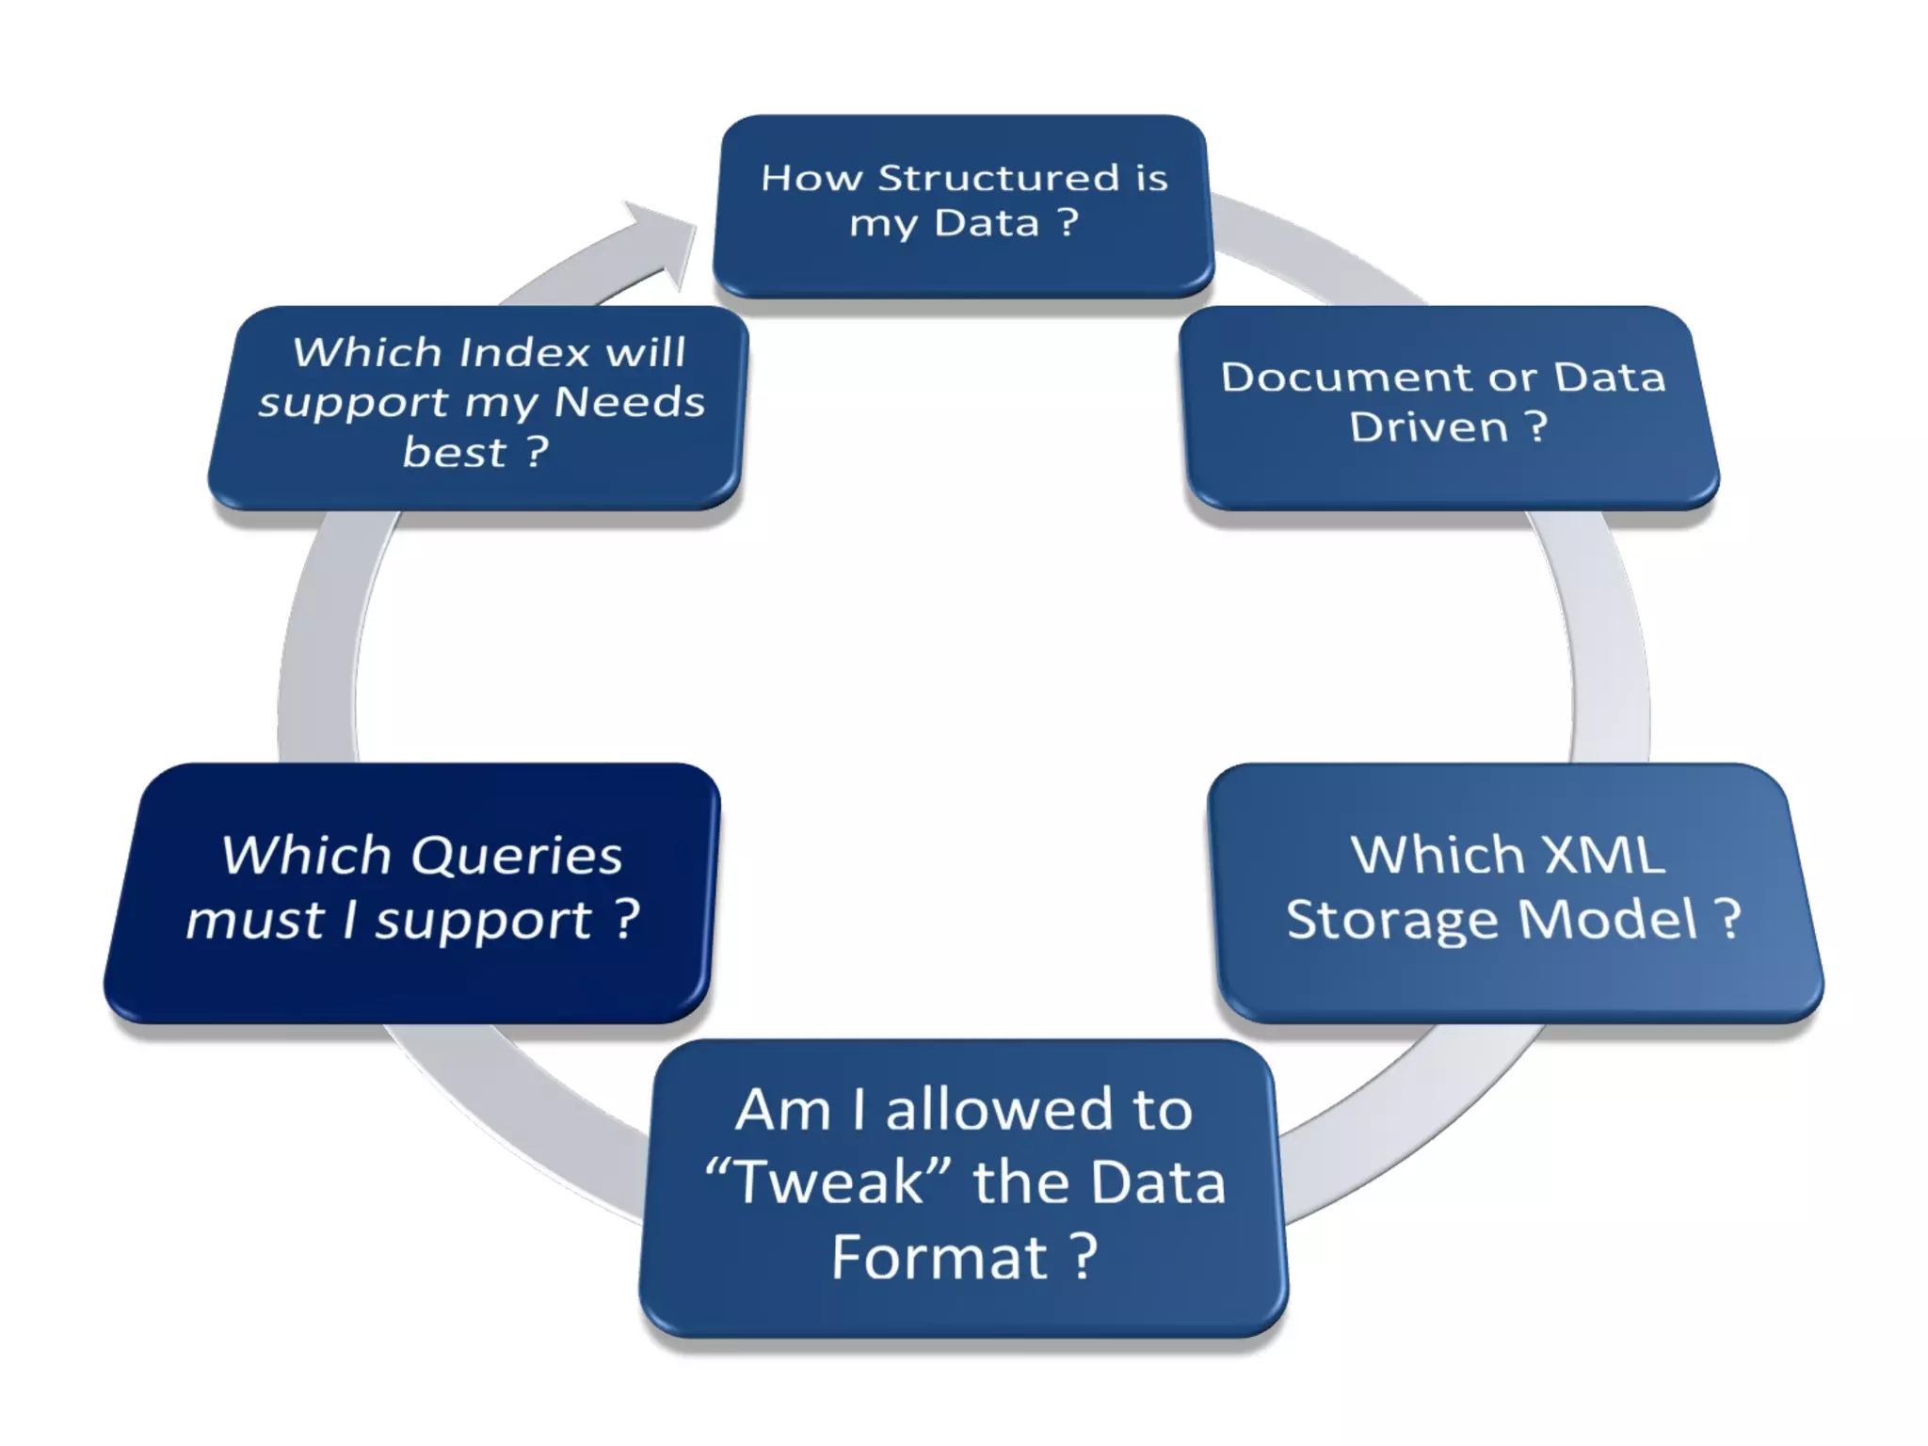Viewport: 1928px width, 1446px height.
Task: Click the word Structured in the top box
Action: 999,178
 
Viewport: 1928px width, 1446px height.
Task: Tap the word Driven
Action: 1428,427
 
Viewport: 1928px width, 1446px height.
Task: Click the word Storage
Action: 1392,920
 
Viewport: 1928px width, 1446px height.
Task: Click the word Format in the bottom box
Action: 939,1258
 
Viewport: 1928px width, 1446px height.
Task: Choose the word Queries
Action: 517,856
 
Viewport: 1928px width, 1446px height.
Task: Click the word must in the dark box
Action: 255,920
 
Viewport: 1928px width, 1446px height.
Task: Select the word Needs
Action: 629,402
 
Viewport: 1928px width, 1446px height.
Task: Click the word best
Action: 454,453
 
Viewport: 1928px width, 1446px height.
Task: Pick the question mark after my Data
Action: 1068,222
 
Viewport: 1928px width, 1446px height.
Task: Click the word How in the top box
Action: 811,178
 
